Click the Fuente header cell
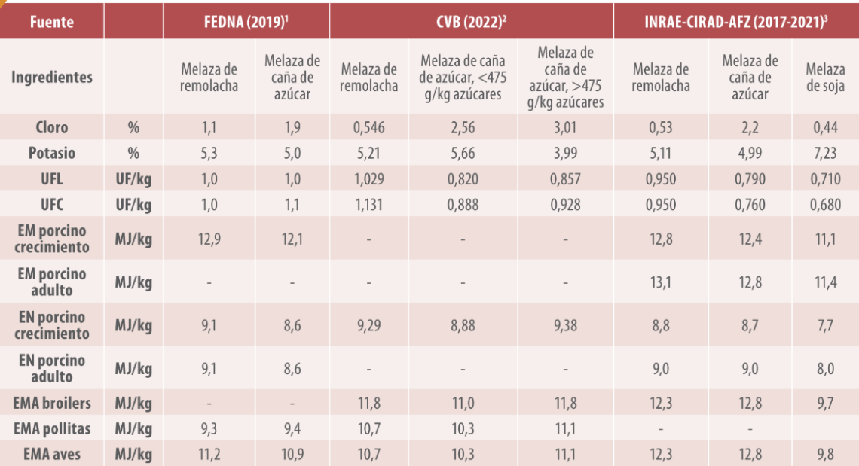[x=52, y=21]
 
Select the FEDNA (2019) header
[x=246, y=21]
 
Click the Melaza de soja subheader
[x=825, y=78]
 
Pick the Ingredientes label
[x=52, y=78]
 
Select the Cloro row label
[x=52, y=127]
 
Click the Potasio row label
[x=52, y=153]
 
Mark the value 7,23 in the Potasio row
[x=825, y=153]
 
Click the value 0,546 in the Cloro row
[x=368, y=127]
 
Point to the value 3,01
[x=565, y=127]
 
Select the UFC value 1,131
[x=368, y=204]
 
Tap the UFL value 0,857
[x=565, y=178]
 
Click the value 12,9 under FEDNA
[x=209, y=239]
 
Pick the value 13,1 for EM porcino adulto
[x=661, y=282]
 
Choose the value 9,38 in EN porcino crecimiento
[x=565, y=325]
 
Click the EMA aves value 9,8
[x=825, y=454]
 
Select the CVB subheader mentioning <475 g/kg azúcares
[x=463, y=78]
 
